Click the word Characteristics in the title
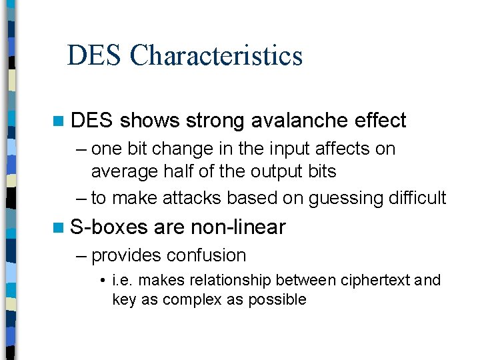tap(217, 55)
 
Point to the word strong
tap(215, 121)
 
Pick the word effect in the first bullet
tap(381, 121)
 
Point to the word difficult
tap(415, 198)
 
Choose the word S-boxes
tap(109, 227)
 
